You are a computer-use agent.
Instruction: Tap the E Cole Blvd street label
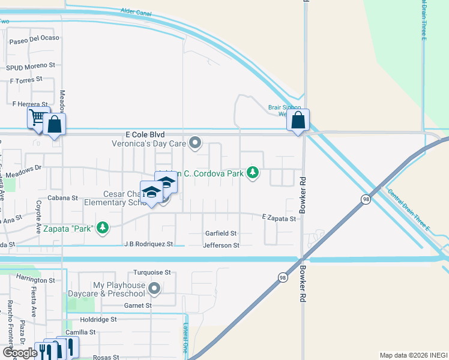pyautogui.click(x=145, y=136)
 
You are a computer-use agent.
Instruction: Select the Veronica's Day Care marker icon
pyautogui.click(x=194, y=143)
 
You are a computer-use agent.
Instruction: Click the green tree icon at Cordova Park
pyautogui.click(x=253, y=173)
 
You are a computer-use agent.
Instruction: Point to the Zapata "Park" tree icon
pyautogui.click(x=103, y=227)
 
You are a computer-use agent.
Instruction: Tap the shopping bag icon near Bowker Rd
pyautogui.click(x=298, y=120)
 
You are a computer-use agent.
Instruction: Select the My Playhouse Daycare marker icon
pyautogui.click(x=154, y=289)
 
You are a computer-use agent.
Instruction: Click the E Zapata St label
pyautogui.click(x=279, y=218)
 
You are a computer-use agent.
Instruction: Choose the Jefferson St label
pyautogui.click(x=221, y=245)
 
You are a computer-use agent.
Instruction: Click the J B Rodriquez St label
pyautogui.click(x=148, y=244)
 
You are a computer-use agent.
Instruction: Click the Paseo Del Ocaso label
pyautogui.click(x=34, y=42)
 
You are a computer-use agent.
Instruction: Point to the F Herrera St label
pyautogui.click(x=30, y=104)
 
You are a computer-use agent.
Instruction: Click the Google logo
pyautogui.click(x=19, y=353)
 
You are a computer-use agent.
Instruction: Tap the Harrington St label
pyautogui.click(x=36, y=280)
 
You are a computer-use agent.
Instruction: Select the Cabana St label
pyautogui.click(x=63, y=197)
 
